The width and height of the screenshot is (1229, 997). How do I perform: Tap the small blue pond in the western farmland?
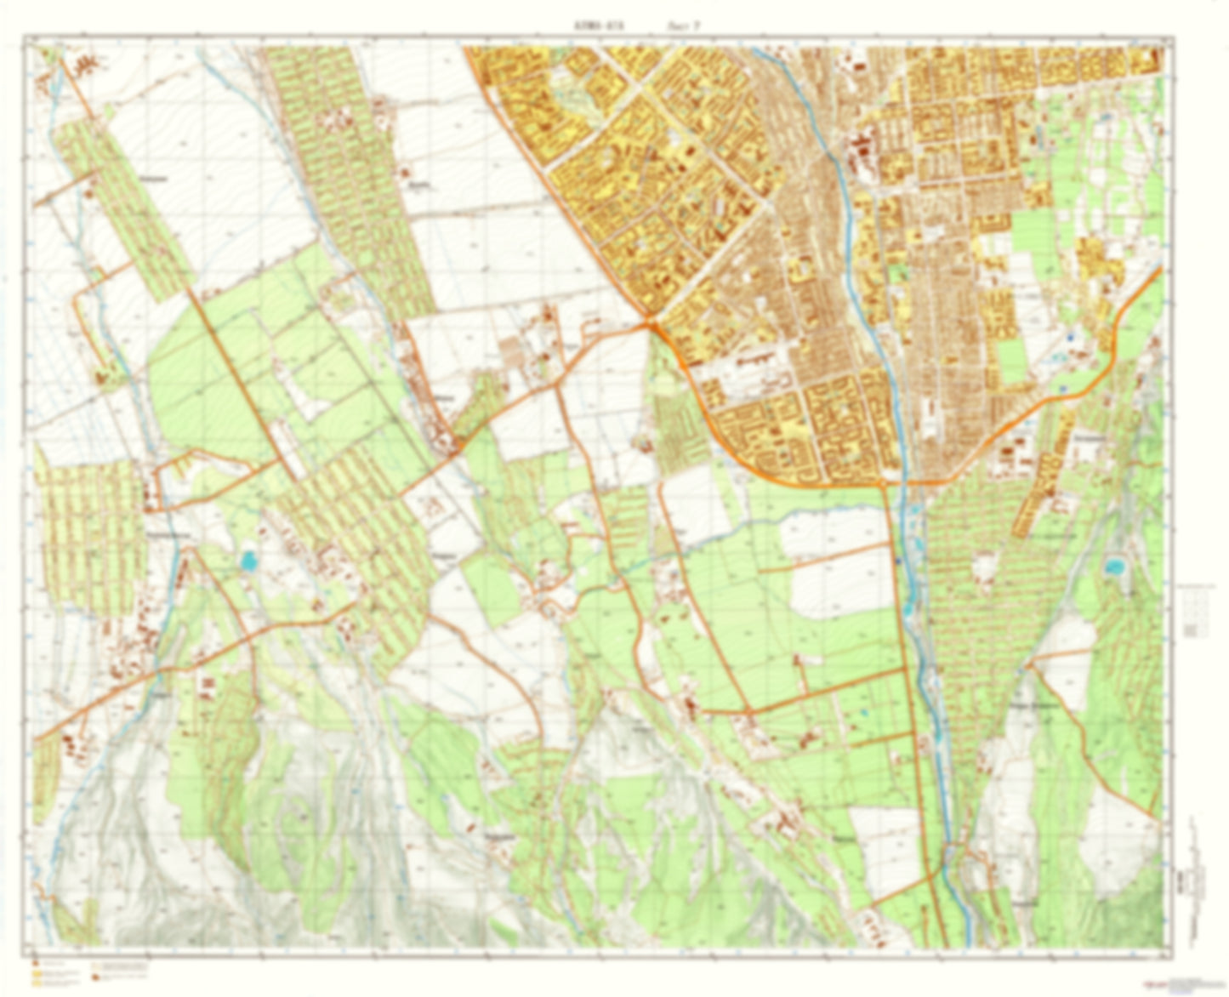coord(248,561)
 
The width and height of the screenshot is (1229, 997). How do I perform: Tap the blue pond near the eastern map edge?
coord(1113,566)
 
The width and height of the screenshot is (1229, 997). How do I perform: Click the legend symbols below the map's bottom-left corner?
coord(85,974)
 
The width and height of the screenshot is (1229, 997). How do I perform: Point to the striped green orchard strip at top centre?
coord(349,170)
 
